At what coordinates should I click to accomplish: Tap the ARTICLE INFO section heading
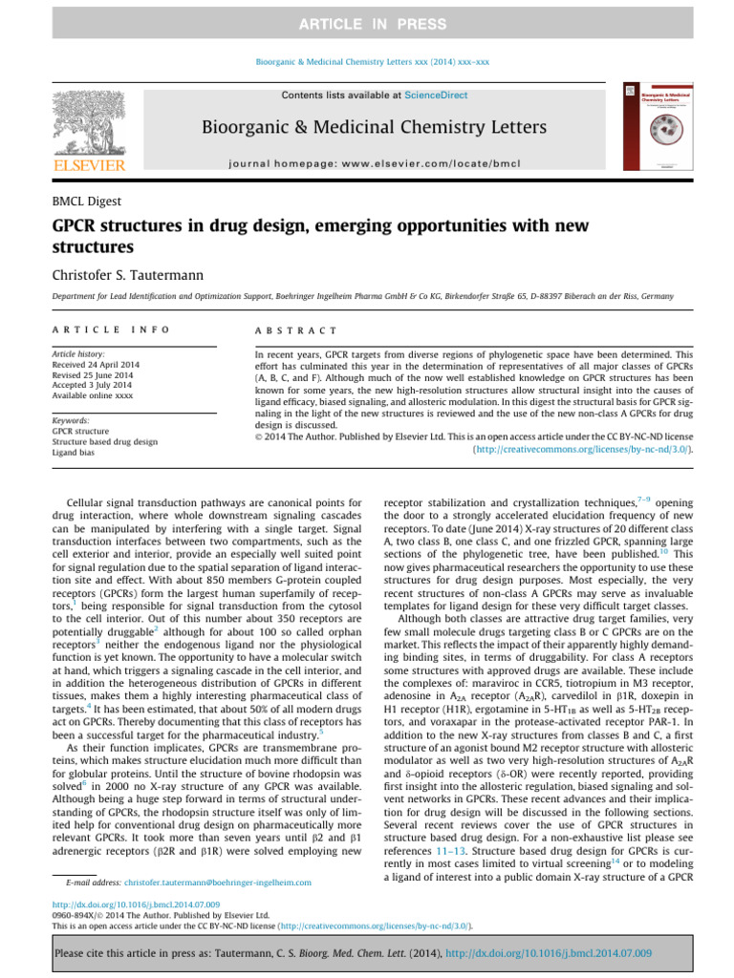(112, 330)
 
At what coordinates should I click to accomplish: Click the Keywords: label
(73, 420)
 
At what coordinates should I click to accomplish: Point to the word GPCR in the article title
(78, 227)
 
